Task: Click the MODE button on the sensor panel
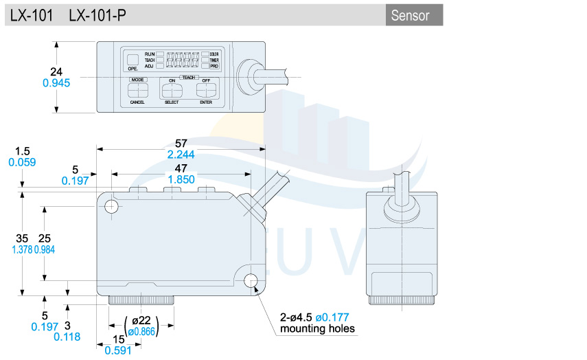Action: [137, 90]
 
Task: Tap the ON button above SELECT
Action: [172, 89]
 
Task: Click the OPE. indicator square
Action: [133, 59]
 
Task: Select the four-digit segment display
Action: [182, 60]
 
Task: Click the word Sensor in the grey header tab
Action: [410, 16]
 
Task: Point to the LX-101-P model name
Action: [97, 16]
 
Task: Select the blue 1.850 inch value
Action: [181, 179]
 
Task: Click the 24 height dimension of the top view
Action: [57, 71]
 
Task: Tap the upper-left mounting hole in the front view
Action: [111, 205]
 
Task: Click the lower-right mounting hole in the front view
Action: [251, 280]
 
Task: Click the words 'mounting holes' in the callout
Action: [318, 328]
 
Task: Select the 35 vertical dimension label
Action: [22, 238]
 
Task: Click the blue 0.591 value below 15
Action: [118, 350]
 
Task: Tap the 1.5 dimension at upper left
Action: [22, 150]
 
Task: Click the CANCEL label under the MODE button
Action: [137, 102]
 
